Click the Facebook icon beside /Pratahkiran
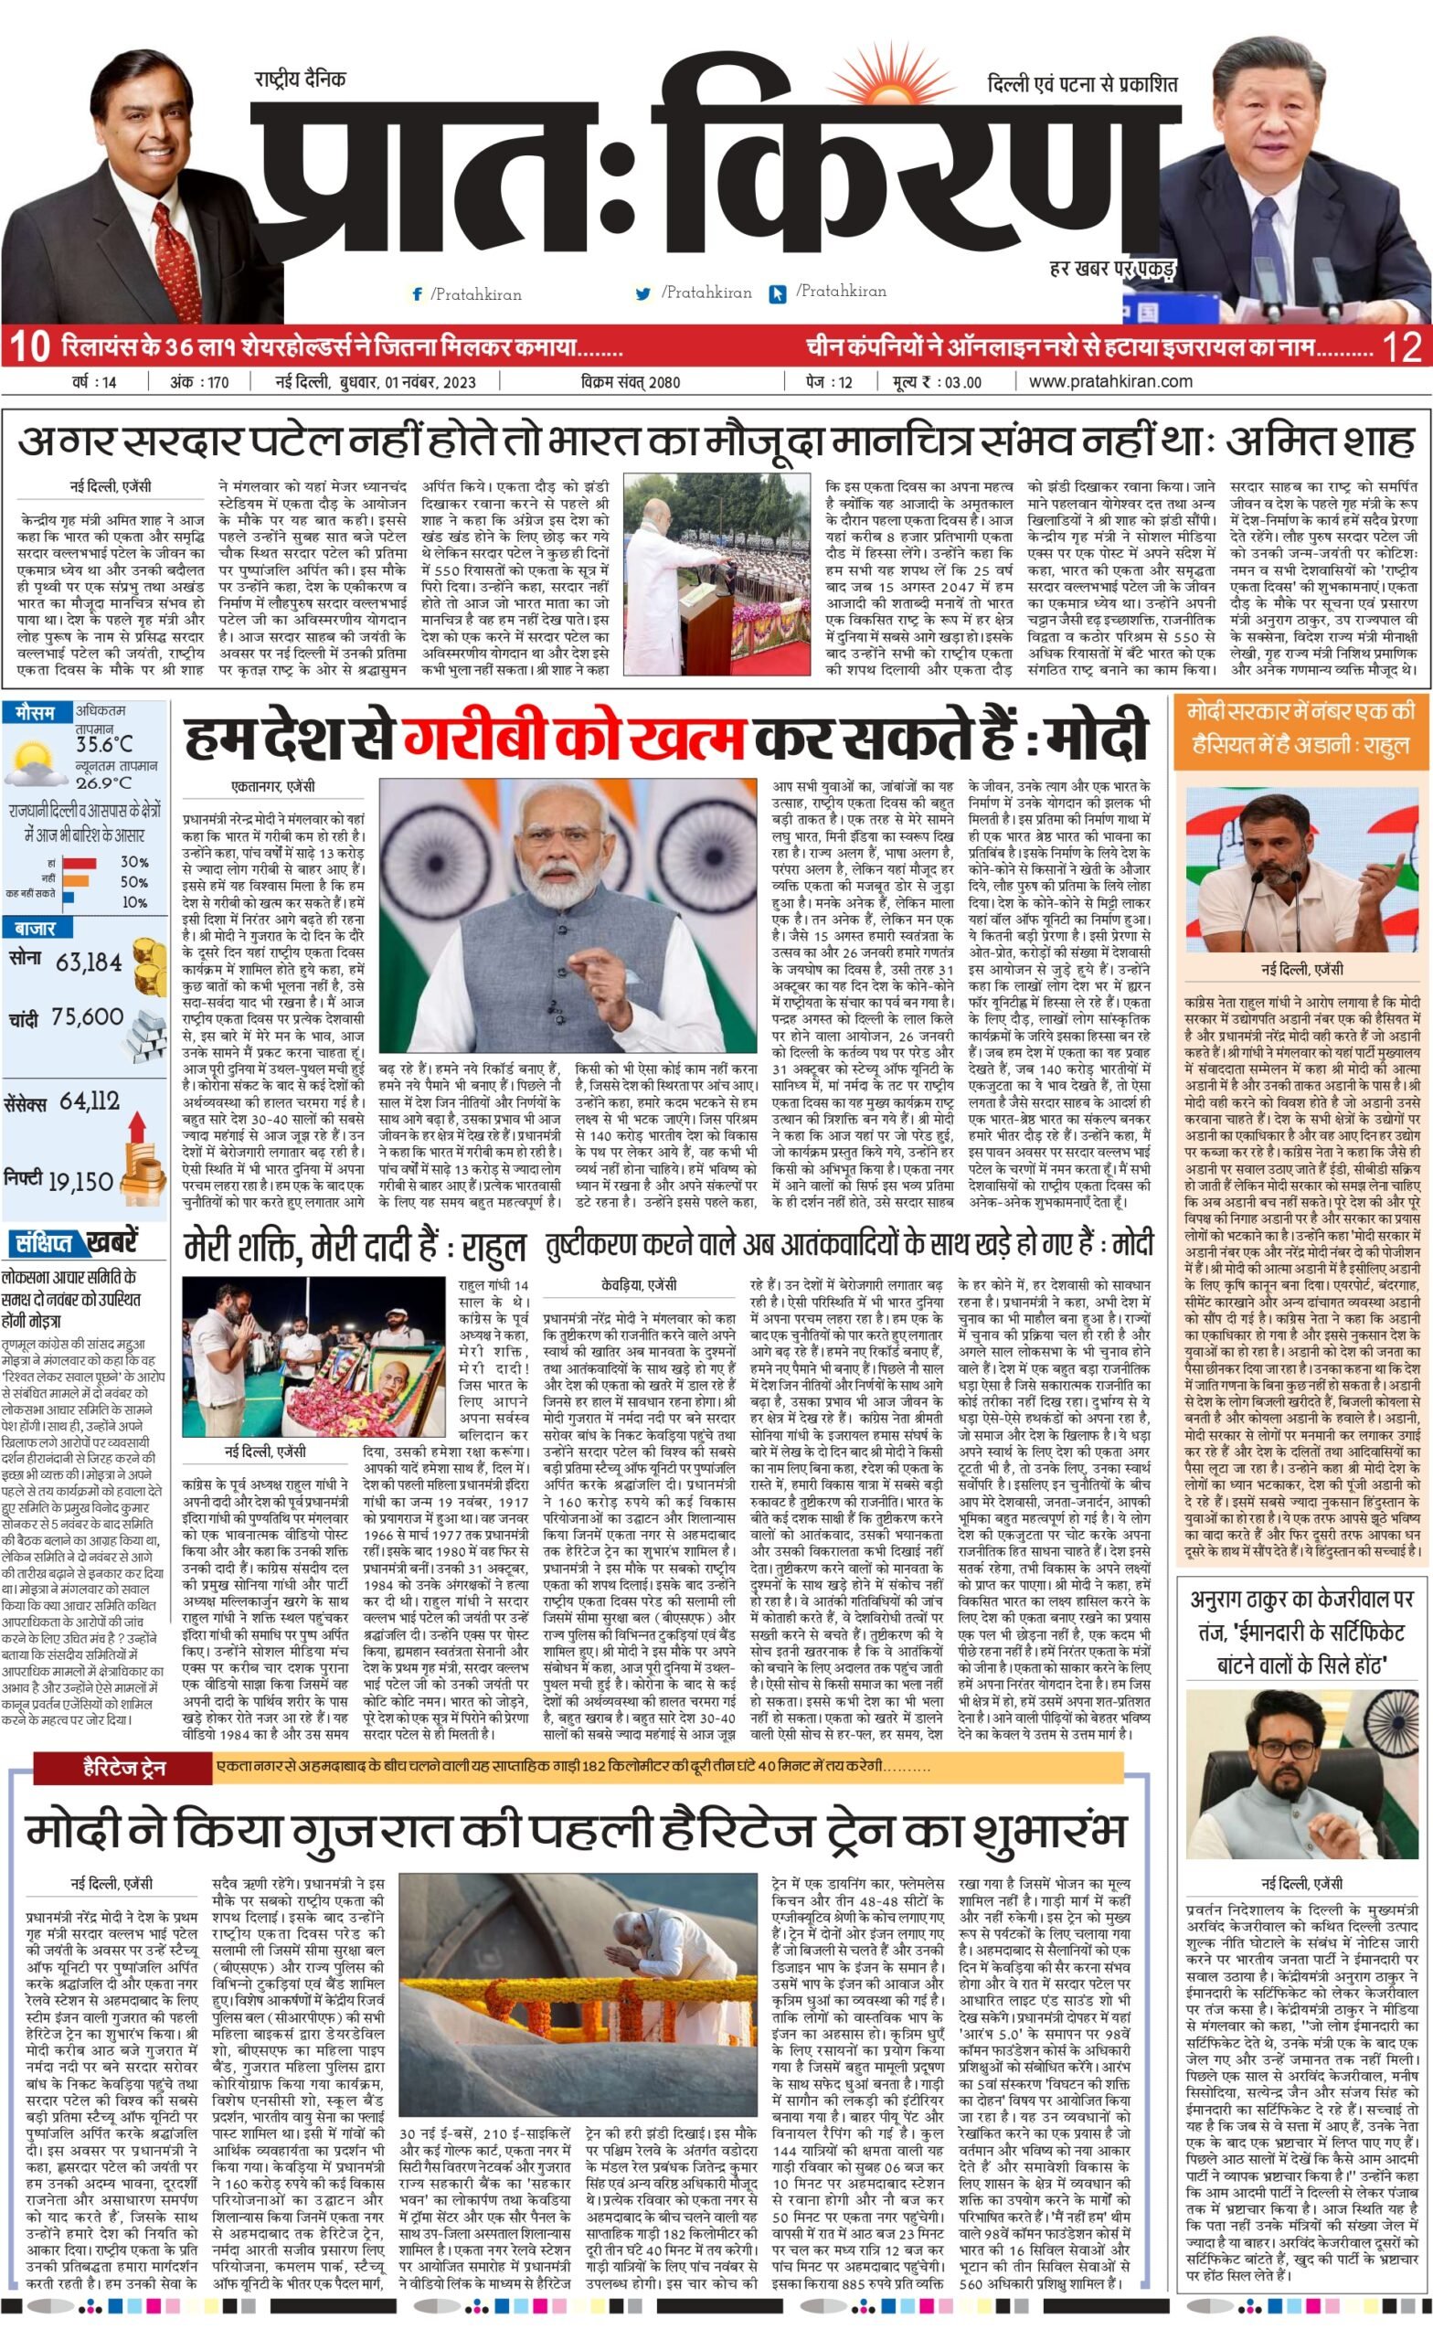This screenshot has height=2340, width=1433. tap(417, 294)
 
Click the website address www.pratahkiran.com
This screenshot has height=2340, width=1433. tap(1110, 382)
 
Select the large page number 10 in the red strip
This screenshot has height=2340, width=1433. tap(30, 346)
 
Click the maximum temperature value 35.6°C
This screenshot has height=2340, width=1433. tap(104, 745)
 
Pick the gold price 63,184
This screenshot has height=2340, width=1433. tap(90, 962)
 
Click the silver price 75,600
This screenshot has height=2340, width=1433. tap(88, 1017)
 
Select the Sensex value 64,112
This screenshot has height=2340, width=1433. tap(90, 1101)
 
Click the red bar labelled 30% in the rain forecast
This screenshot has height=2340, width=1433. tap(79, 862)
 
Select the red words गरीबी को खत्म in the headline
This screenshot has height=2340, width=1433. tap(574, 739)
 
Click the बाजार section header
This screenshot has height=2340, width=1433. tap(35, 928)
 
